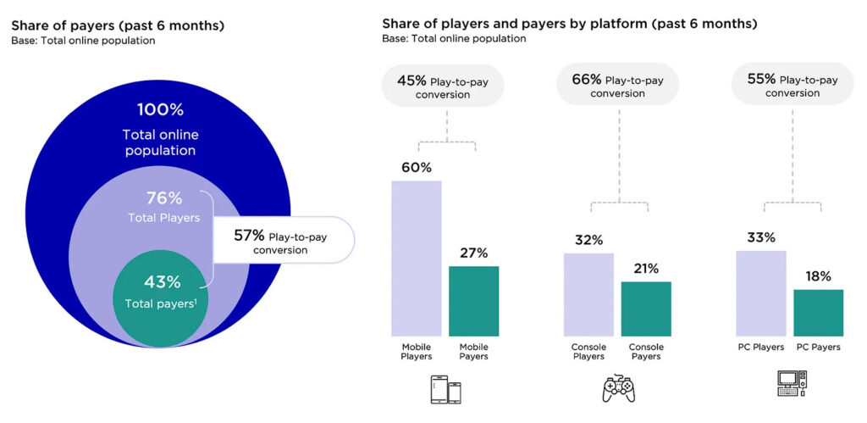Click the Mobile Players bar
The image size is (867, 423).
pyautogui.click(x=416, y=258)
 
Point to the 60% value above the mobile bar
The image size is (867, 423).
pyautogui.click(x=416, y=168)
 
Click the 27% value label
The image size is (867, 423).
pyautogui.click(x=473, y=253)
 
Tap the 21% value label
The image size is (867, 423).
pyautogui.click(x=646, y=269)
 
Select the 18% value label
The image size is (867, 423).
pyautogui.click(x=818, y=276)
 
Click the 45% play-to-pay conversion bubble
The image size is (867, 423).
pyautogui.click(x=442, y=86)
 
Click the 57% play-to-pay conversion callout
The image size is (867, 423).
pyautogui.click(x=282, y=241)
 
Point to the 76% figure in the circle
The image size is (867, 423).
pyautogui.click(x=164, y=198)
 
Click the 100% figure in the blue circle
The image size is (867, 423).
pyautogui.click(x=160, y=110)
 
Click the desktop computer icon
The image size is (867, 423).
pyautogui.click(x=792, y=384)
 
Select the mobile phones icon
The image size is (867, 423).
pyautogui.click(x=446, y=389)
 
